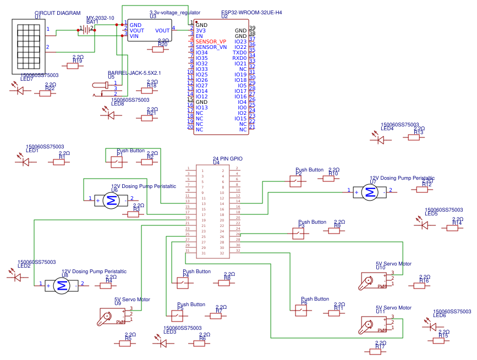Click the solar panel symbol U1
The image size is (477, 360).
click(x=28, y=44)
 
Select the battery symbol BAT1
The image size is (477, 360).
click(x=87, y=30)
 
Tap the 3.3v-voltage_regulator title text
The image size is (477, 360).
click(x=174, y=12)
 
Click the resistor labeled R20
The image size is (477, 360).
click(x=159, y=49)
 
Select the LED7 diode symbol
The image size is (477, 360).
click(x=20, y=90)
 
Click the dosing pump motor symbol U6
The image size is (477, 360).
click(x=111, y=201)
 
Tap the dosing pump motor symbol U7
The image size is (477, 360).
click(x=370, y=191)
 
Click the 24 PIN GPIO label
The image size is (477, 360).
click(x=227, y=158)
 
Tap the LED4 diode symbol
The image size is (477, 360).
click(x=379, y=140)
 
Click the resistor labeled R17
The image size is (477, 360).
click(x=379, y=350)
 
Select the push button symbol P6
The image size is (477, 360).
click(x=301, y=311)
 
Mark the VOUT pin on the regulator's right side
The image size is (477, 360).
click(x=162, y=31)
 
